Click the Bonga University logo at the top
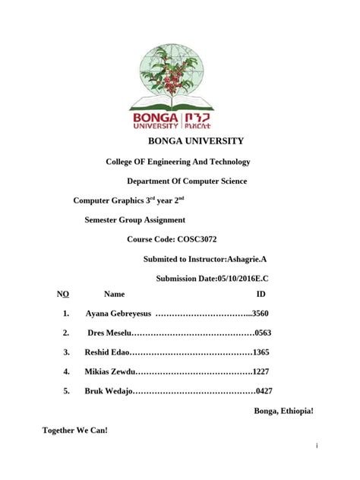(x=179, y=86)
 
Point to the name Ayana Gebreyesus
(x=118, y=313)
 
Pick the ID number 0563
(x=263, y=333)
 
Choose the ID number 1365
(x=261, y=352)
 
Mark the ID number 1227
(x=261, y=371)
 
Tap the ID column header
(x=261, y=293)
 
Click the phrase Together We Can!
(x=75, y=431)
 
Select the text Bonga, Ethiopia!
(x=282, y=411)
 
